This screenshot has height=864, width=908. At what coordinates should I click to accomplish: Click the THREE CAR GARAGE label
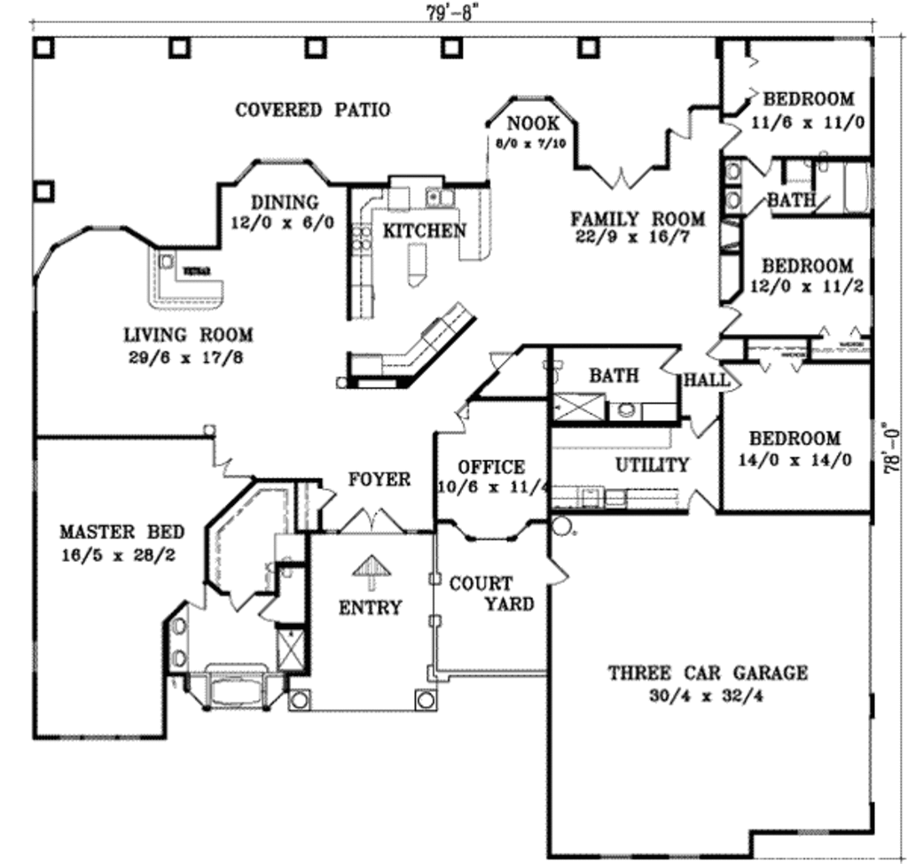[x=708, y=673]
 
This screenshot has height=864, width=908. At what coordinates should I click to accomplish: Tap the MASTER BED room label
[x=122, y=533]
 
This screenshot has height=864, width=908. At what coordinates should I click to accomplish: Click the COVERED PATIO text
[x=312, y=110]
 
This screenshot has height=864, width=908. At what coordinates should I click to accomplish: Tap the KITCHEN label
[x=424, y=230]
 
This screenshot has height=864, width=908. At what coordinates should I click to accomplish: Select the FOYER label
[x=379, y=479]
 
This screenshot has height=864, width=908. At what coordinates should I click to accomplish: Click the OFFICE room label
[x=491, y=467]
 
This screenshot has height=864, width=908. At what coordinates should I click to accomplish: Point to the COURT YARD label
[x=492, y=594]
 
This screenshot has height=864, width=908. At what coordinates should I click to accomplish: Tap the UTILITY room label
[x=653, y=465]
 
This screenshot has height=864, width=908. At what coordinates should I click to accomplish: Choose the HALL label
[x=707, y=380]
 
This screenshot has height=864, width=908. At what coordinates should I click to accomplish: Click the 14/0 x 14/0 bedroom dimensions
[x=795, y=460]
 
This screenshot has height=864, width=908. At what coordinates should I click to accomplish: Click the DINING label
[x=284, y=202]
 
